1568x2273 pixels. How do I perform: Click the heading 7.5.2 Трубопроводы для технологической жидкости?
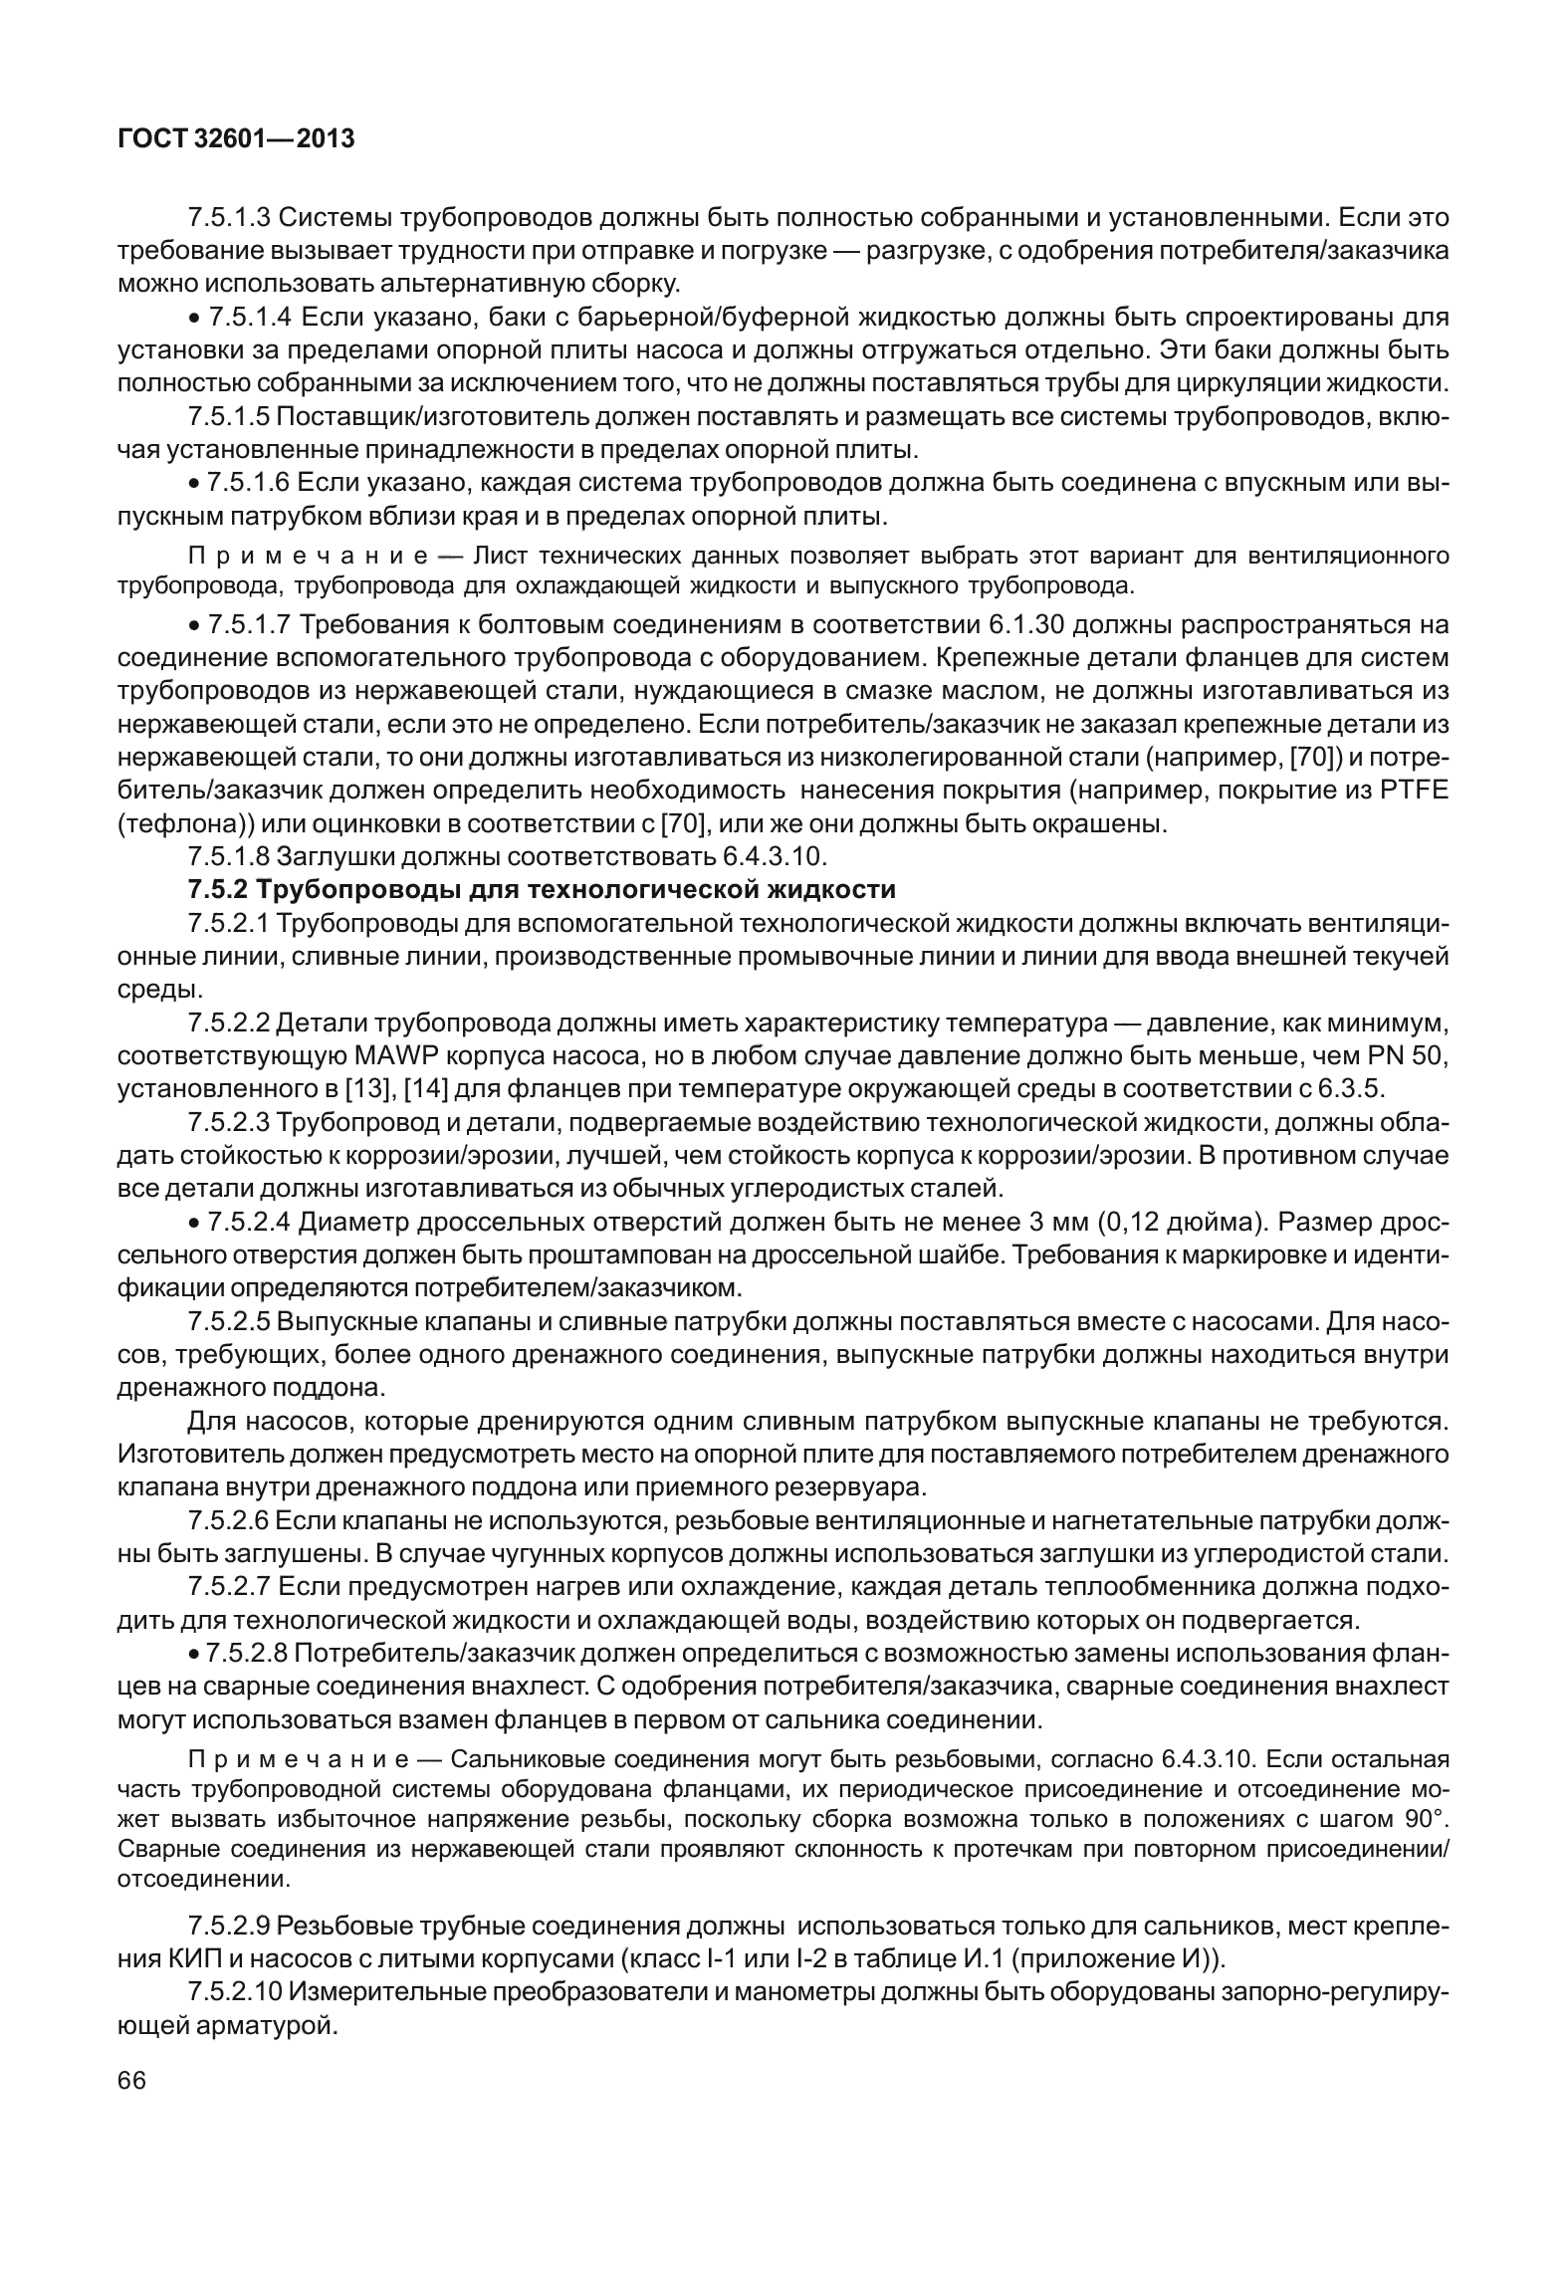(x=543, y=889)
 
